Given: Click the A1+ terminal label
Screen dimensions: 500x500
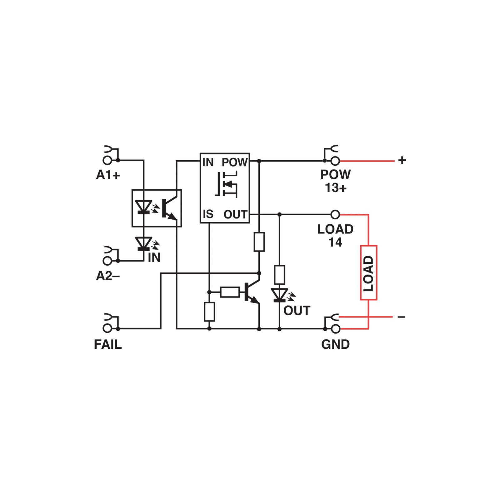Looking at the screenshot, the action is pyautogui.click(x=108, y=175).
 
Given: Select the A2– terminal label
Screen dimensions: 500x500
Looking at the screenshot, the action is pyautogui.click(x=108, y=276).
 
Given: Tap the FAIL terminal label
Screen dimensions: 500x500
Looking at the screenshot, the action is pyautogui.click(x=108, y=344).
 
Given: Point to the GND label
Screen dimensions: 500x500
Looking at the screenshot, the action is pyautogui.click(x=335, y=344).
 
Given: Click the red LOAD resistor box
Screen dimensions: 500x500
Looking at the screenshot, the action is pyautogui.click(x=369, y=273).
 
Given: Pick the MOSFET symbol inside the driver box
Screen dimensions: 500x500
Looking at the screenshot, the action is pyautogui.click(x=226, y=184).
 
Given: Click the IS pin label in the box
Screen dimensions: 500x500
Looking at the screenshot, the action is pyautogui.click(x=208, y=214).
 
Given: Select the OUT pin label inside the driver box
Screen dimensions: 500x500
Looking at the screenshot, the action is pyautogui.click(x=235, y=214).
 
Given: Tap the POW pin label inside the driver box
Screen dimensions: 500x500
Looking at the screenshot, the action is pyautogui.click(x=234, y=162).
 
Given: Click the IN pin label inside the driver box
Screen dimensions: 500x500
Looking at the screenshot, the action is pyautogui.click(x=208, y=162).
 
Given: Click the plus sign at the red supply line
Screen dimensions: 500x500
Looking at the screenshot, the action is pyautogui.click(x=402, y=160).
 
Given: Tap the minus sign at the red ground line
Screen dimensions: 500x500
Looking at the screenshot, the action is pyautogui.click(x=402, y=317).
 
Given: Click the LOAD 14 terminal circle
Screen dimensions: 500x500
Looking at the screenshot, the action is pyautogui.click(x=335, y=214).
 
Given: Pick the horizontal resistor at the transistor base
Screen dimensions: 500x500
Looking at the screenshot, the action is pyautogui.click(x=230, y=292).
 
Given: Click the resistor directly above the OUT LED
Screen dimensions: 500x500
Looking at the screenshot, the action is pyautogui.click(x=279, y=275).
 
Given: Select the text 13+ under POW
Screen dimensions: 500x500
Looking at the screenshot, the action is pyautogui.click(x=336, y=188).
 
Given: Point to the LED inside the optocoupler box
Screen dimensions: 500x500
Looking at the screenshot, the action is pyautogui.click(x=143, y=207).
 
